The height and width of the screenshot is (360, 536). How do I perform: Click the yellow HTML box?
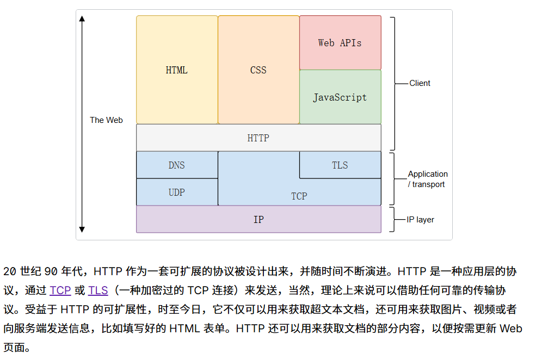pos(177,70)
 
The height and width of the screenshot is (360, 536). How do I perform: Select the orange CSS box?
pos(258,70)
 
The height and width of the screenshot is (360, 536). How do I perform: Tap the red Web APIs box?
pos(340,42)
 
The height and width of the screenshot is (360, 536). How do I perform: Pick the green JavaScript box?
pos(340,97)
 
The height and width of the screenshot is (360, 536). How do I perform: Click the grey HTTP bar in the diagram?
pos(258,138)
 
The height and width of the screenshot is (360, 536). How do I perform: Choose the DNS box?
pos(177,165)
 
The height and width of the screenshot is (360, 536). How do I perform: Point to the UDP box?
pos(177,192)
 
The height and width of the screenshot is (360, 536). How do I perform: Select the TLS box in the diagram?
pos(340,165)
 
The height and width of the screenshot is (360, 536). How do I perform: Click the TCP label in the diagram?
pos(299,196)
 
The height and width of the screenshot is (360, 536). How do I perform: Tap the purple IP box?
pos(258,219)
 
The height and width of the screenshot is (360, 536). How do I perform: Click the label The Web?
pos(106,120)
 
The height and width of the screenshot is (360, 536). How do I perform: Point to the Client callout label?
pos(420,83)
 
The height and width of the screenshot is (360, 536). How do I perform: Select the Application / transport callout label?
pos(428,179)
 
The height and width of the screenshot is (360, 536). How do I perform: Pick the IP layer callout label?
pos(420,220)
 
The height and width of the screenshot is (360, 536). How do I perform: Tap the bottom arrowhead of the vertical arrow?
pos(82,229)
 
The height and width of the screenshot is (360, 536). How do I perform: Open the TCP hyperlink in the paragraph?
pos(60,290)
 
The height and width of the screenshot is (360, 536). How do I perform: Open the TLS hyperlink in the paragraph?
pos(98,290)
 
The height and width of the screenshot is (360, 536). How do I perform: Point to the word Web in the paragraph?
pos(510,328)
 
